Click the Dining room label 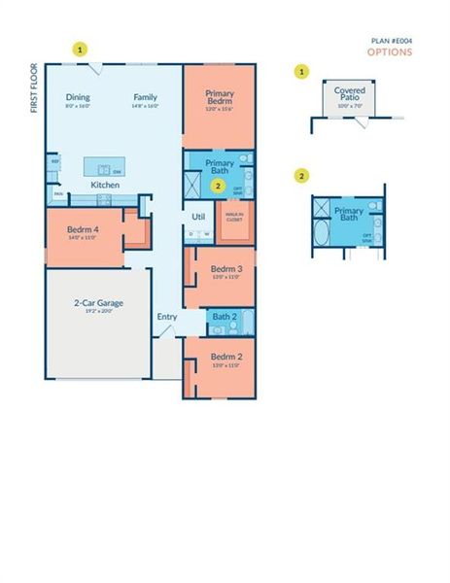(78, 97)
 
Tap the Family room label (146, 97)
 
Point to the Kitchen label (105, 184)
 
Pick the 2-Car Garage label (97, 304)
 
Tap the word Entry (167, 317)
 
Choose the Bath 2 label (225, 317)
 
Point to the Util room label (198, 216)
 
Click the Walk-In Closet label (234, 219)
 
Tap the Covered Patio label (350, 93)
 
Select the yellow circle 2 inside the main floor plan (218, 185)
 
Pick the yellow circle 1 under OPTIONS (302, 72)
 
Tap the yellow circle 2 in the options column (302, 176)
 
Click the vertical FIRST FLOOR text (34, 89)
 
